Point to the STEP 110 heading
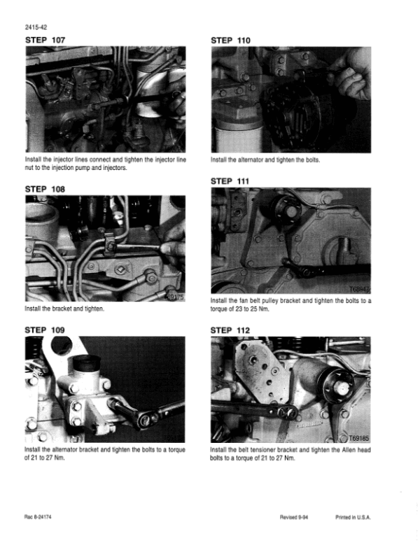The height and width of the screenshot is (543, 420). coord(230,41)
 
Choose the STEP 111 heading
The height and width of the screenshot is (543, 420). coord(230,181)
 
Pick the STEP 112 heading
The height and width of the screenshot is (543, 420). coord(230,329)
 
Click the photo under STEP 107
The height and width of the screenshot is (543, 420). coord(105,99)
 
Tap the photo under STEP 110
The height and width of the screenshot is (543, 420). coord(290,99)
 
